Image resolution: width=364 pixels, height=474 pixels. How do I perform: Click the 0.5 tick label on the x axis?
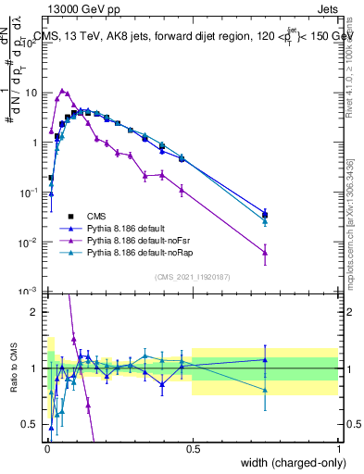[193, 450]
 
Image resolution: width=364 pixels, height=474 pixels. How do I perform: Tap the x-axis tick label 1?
[339, 450]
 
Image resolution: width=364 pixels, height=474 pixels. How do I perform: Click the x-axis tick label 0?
[46, 450]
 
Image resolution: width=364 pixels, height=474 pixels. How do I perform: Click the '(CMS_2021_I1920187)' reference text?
[192, 276]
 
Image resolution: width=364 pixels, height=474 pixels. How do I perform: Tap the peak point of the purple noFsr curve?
[62, 92]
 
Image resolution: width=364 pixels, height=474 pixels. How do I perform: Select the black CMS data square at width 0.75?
[266, 216]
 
